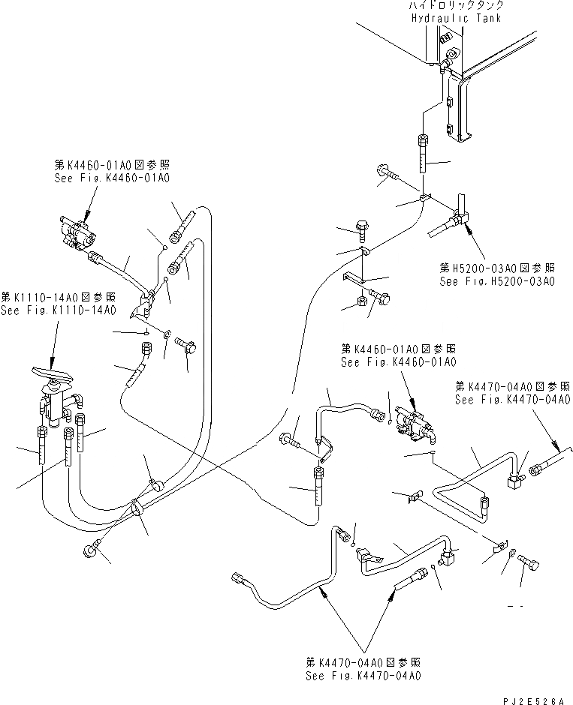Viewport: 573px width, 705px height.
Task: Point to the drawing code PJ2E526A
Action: [x=533, y=700]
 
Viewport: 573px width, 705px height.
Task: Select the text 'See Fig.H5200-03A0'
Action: [x=497, y=281]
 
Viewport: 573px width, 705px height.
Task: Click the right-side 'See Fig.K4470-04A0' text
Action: [x=511, y=400]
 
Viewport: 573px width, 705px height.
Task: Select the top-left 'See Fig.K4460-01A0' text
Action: [x=112, y=178]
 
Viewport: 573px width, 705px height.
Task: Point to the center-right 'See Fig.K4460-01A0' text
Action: [x=398, y=362]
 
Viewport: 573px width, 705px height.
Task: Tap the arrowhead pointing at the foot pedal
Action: [x=55, y=362]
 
